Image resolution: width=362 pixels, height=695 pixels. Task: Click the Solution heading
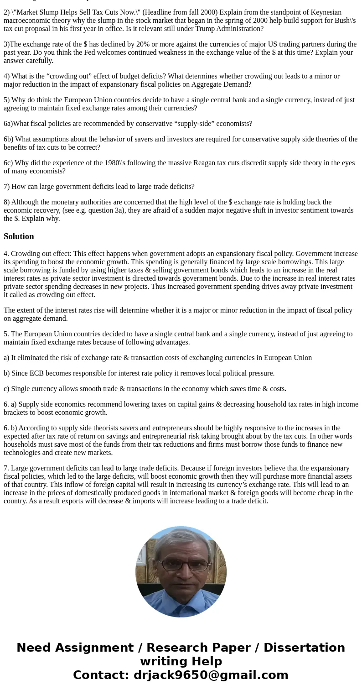(19, 236)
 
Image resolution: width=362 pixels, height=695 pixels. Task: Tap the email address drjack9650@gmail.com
(211, 675)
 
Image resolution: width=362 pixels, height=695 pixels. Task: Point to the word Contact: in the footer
(101, 675)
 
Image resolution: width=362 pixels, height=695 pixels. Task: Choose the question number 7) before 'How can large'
(7, 187)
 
